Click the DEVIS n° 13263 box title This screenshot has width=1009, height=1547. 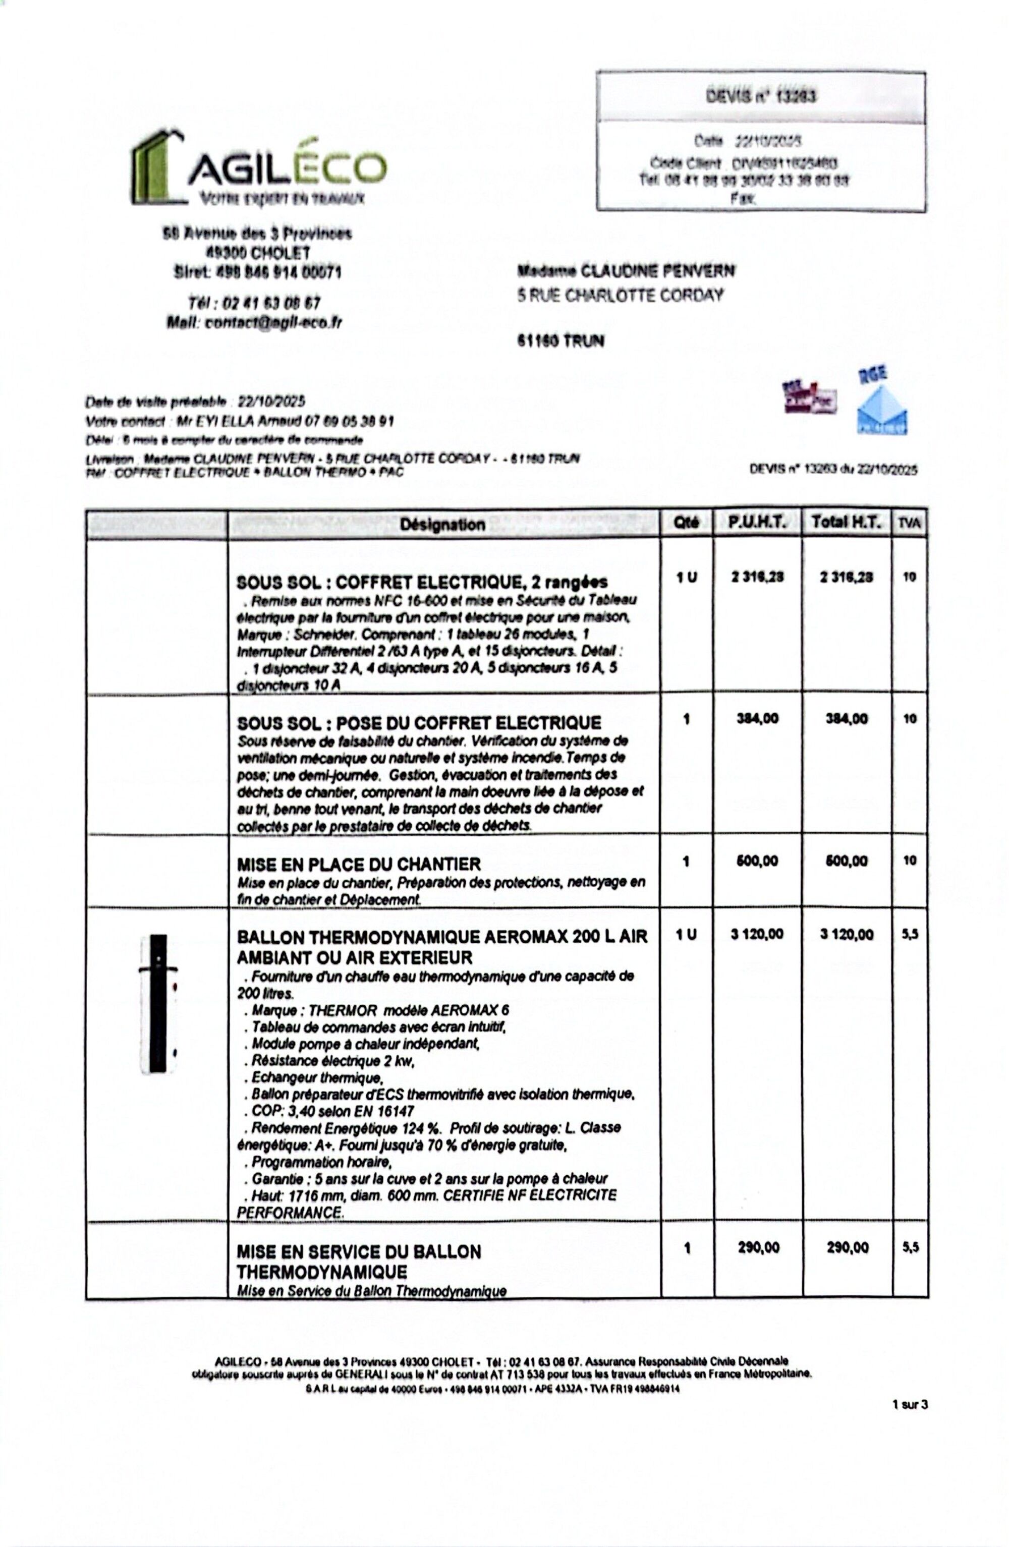761,97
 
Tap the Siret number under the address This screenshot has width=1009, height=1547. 257,272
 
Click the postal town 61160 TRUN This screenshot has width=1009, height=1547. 560,340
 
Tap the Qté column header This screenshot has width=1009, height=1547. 687,523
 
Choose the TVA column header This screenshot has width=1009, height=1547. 910,523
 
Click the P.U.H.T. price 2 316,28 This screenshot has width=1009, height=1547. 757,577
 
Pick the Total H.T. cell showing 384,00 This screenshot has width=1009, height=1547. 847,719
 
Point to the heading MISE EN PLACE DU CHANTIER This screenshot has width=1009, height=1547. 359,865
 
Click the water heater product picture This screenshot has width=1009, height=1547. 158,1004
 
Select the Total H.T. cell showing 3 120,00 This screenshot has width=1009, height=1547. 847,935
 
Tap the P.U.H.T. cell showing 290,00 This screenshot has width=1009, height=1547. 758,1247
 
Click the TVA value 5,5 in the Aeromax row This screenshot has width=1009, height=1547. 910,935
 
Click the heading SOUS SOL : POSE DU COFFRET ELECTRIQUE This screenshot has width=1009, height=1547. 419,723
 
